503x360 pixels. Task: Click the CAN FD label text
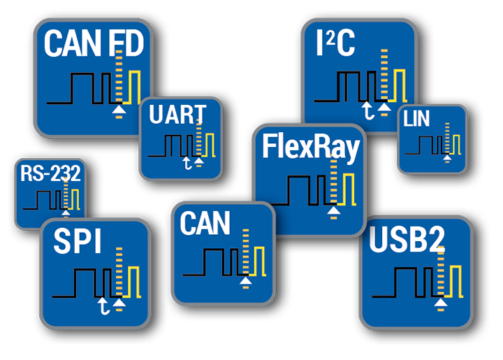[94, 43]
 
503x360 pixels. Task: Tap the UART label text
[177, 114]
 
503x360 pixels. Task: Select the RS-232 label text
[50, 173]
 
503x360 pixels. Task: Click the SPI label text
[78, 241]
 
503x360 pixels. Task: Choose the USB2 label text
[407, 239]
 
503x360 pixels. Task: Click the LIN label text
[416, 119]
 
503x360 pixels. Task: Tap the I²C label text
[335, 43]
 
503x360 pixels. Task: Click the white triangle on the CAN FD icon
[119, 110]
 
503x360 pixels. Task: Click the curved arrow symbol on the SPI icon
[103, 306]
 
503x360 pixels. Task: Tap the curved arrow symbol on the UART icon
[187, 163]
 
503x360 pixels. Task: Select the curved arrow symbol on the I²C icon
[367, 110]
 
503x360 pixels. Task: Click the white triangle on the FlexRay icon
[334, 210]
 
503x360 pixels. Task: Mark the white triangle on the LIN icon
[447, 157]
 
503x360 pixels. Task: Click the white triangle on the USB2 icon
[441, 303]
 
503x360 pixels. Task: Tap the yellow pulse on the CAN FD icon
[132, 87]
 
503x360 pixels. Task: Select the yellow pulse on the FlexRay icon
[347, 189]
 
